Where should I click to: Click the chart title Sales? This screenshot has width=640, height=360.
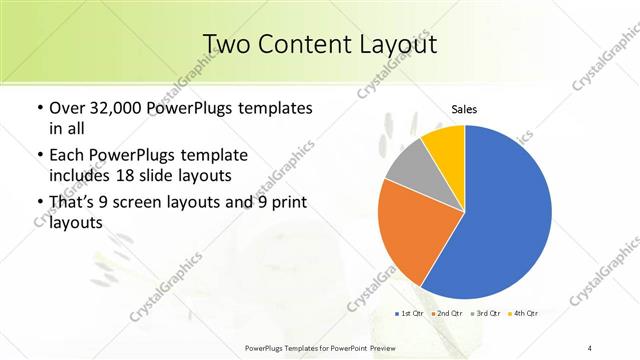pos(464,109)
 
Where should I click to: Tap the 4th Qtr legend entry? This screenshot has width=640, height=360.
pos(524,313)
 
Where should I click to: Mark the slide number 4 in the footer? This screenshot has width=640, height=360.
pos(590,347)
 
